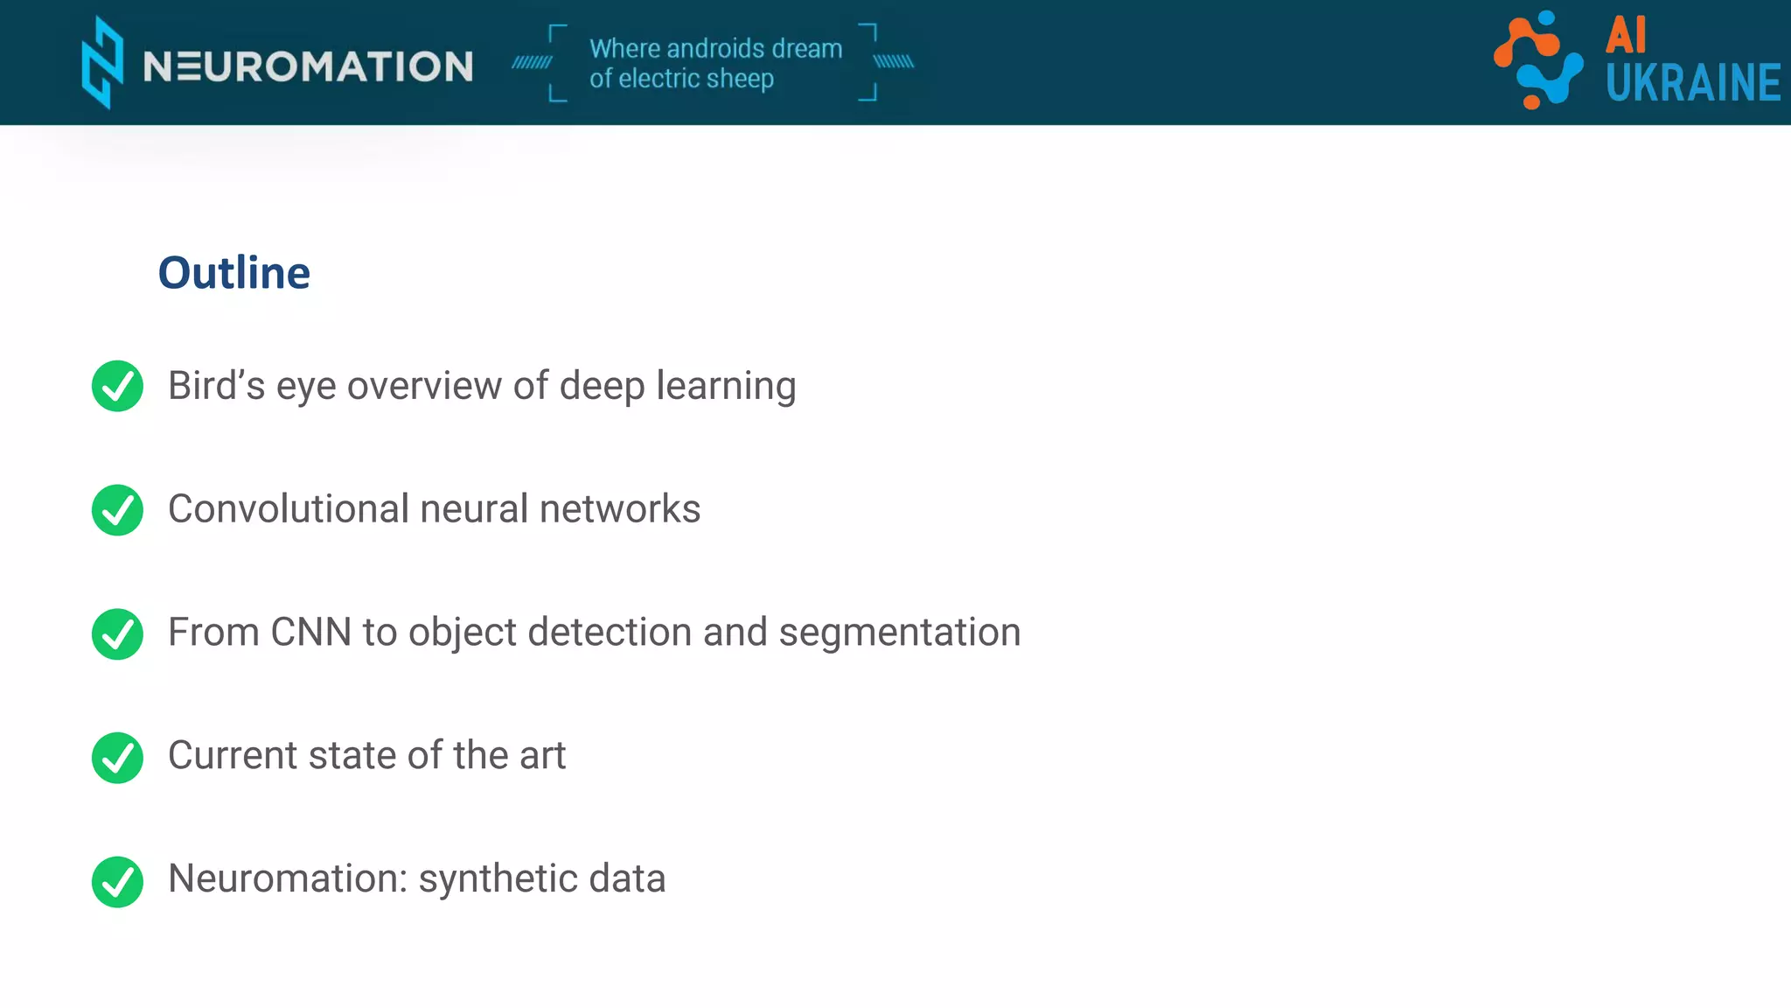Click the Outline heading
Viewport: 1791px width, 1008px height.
tap(233, 273)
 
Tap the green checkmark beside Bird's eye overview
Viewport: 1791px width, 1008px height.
tap(117, 386)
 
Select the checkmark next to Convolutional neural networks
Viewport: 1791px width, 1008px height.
tap(117, 510)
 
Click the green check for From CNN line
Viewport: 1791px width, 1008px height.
tap(117, 633)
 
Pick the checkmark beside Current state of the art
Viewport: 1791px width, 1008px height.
tap(117, 758)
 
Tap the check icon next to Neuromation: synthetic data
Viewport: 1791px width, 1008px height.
tap(117, 881)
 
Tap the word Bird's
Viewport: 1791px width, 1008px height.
tap(216, 386)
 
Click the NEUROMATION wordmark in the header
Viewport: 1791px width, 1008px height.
tap(308, 66)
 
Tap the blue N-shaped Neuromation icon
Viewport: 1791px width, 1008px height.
tap(102, 63)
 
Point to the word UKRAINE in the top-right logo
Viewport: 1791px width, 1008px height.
tap(1692, 83)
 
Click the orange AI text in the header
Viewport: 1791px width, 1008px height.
tap(1626, 36)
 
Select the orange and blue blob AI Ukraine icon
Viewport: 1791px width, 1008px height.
tap(1538, 59)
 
